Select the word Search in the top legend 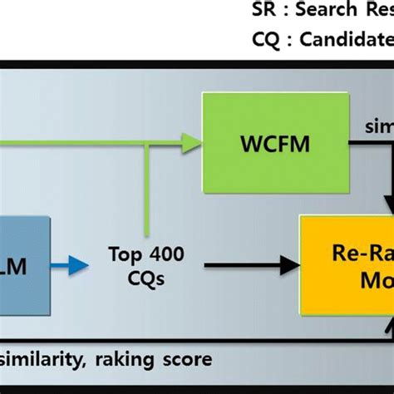point(324,11)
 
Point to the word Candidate point(342,39)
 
